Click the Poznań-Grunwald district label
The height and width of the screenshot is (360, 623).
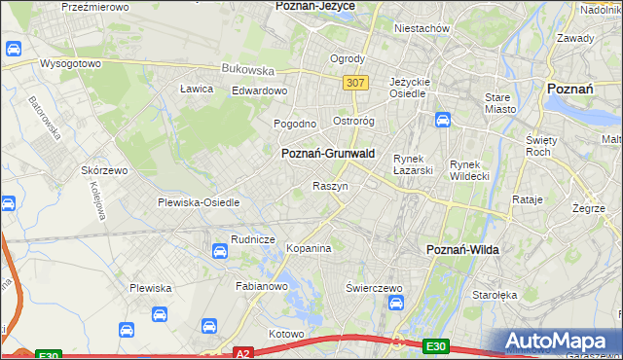[328, 154]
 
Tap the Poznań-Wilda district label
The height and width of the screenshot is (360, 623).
[463, 250]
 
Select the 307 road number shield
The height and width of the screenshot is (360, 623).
[355, 84]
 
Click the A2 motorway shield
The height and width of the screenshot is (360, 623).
[243, 354]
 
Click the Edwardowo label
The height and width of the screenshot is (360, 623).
[260, 91]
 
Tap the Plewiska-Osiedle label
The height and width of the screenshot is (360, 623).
[199, 202]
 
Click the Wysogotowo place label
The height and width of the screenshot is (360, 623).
[70, 63]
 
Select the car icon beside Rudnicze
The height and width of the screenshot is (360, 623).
[220, 252]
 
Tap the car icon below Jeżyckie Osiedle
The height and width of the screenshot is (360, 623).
[442, 121]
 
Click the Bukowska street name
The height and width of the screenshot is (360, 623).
[247, 70]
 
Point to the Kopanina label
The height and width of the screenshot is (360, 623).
[309, 248]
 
